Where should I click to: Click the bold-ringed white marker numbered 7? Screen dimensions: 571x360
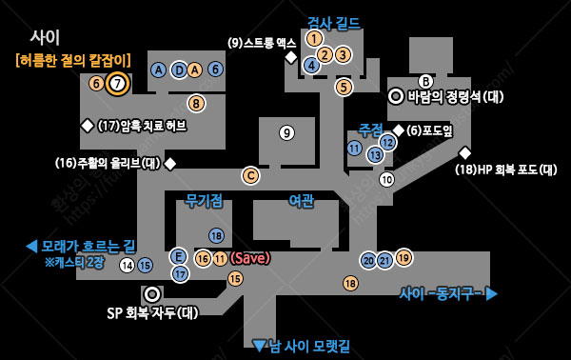click(117, 83)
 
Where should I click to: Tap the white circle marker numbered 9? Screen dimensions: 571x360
click(286, 132)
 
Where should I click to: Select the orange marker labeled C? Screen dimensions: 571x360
click(250, 175)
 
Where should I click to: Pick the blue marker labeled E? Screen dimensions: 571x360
click(178, 256)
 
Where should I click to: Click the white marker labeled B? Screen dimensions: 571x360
click(426, 82)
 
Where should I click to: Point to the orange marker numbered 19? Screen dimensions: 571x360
click(404, 257)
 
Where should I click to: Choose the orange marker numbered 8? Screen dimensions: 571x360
click(196, 103)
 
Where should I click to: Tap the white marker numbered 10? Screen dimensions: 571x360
click(386, 179)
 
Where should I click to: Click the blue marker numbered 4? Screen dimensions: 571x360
click(311, 65)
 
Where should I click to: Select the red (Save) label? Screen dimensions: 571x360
click(250, 258)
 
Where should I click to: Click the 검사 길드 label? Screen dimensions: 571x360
click(333, 22)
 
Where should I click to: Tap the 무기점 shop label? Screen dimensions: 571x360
click(205, 200)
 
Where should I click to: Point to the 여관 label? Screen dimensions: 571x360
click(301, 200)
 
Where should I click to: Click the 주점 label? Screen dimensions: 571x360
click(370, 129)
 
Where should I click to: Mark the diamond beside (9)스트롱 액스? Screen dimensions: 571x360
click(291, 57)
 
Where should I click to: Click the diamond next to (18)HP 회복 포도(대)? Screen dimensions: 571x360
click(465, 153)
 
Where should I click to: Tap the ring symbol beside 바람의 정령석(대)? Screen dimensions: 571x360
click(396, 96)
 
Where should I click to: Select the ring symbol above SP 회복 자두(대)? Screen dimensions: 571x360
click(152, 294)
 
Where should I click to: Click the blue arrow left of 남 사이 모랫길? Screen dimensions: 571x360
click(259, 345)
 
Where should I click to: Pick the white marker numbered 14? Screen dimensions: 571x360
click(128, 265)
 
